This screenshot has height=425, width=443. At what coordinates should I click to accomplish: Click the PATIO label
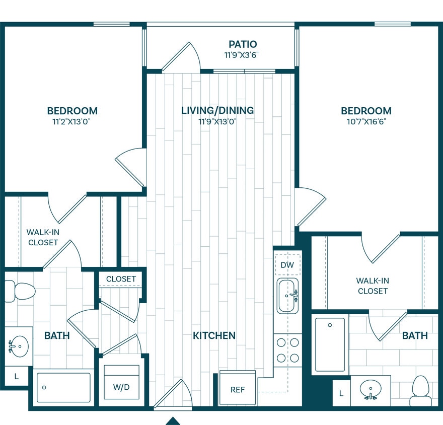243,44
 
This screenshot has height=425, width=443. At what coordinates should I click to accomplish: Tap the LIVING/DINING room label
217,110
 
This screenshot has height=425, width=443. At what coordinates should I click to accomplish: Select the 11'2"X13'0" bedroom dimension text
72,121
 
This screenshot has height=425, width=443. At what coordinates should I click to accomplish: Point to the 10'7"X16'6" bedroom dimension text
366,121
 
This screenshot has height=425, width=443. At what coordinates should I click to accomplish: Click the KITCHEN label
214,335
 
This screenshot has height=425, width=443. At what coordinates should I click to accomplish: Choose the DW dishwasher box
287,265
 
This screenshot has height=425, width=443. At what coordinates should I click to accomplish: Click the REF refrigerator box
238,389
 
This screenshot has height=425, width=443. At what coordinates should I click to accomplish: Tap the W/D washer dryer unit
121,387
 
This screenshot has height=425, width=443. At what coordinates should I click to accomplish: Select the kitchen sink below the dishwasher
287,296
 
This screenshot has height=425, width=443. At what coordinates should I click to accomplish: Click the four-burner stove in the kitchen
287,350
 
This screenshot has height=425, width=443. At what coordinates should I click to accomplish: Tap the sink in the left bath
19,346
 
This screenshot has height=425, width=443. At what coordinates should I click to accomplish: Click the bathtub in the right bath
330,344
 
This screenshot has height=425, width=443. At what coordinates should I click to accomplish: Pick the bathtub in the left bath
64,387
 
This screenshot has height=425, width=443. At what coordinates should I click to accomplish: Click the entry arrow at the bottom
173,420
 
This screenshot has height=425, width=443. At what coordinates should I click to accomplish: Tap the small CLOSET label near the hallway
121,278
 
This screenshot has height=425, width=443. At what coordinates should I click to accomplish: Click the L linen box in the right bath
341,393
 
